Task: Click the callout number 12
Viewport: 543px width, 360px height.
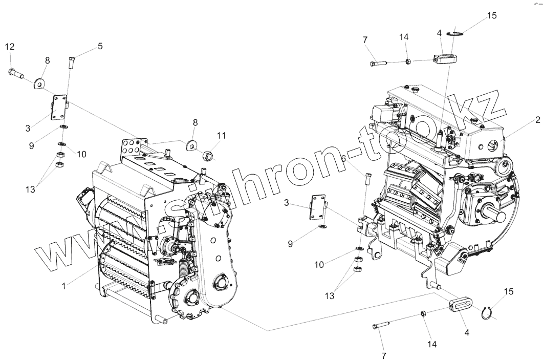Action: tap(10, 47)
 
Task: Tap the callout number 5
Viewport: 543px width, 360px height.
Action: tap(100, 46)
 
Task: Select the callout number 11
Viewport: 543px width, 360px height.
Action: tap(221, 135)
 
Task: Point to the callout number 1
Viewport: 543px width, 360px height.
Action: tap(63, 286)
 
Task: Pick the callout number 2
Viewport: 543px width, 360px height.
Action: tap(537, 120)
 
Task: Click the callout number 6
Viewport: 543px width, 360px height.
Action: tap(344, 159)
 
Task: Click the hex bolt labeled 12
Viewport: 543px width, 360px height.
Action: tap(16, 74)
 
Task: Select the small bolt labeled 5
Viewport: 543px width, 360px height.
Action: tap(72, 63)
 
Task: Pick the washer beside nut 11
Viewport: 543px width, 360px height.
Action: tap(192, 145)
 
